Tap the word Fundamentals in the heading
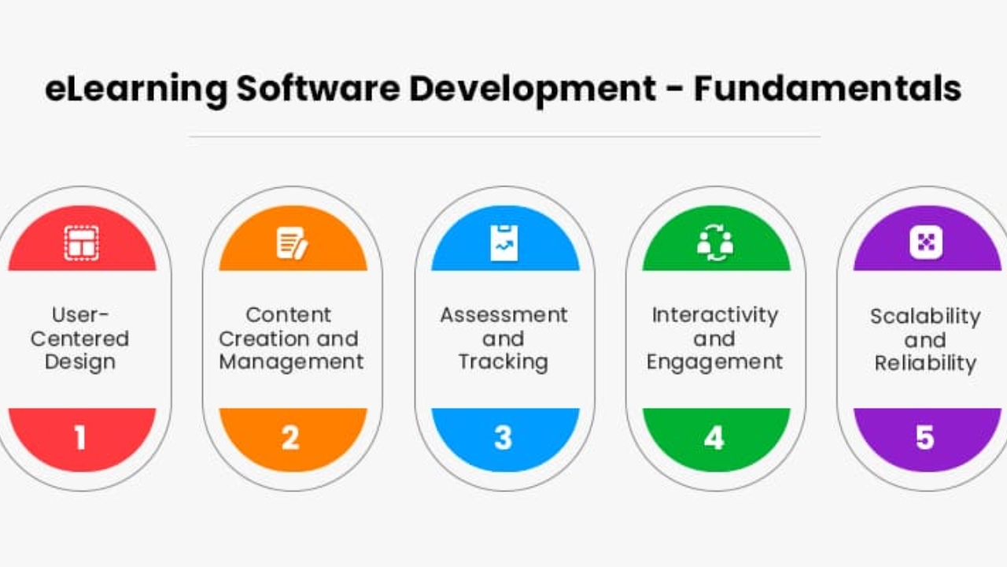(x=828, y=89)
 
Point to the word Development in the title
(x=533, y=90)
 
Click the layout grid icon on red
(x=81, y=243)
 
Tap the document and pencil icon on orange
(x=292, y=243)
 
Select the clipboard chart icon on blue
(x=504, y=243)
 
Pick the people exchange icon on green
(x=715, y=243)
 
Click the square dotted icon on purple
(x=926, y=243)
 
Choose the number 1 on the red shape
(x=80, y=437)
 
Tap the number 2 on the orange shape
(x=290, y=437)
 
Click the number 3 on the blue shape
(x=503, y=437)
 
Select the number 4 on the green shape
(x=714, y=437)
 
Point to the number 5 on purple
(x=925, y=437)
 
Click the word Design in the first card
(x=80, y=363)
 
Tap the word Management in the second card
(x=291, y=363)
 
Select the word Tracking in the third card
(x=503, y=363)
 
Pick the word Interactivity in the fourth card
(x=715, y=316)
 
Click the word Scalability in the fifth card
(x=926, y=317)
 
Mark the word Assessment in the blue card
(x=504, y=315)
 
